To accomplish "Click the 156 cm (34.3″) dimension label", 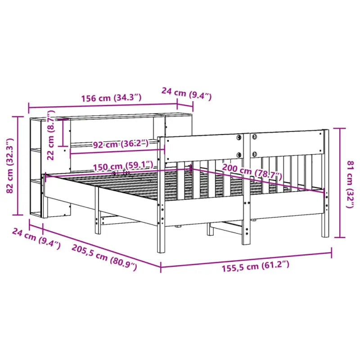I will (x=112, y=98).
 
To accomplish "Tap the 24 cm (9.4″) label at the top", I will (x=186, y=94).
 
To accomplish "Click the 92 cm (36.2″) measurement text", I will (x=120, y=144).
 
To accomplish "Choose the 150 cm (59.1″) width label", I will (x=122, y=166).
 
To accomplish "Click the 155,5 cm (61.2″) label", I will (x=255, y=267).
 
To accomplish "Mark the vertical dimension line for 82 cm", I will (x=19, y=165).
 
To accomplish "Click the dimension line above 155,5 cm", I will (x=246, y=260).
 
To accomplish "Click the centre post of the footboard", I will (x=246, y=189).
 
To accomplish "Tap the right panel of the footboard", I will (x=287, y=143).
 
